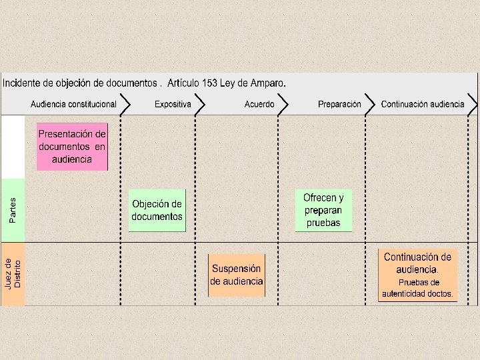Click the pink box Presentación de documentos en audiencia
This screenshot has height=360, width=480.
pos(72,147)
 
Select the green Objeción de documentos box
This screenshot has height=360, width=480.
pos(157,210)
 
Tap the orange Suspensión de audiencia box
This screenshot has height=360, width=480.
pos(237,275)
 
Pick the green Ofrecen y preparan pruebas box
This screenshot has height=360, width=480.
pos(323,210)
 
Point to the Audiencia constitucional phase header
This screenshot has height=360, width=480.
pos(73,105)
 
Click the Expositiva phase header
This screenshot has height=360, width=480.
pos(173,105)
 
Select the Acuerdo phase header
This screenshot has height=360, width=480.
pos(259,105)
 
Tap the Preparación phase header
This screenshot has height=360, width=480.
pos(339,105)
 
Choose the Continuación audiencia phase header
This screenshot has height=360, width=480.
pos(423,105)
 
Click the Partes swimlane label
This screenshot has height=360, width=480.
pos(13,210)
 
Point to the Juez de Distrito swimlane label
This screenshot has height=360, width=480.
pos(13,273)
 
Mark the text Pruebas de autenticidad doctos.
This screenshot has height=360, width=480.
pos(417,288)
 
